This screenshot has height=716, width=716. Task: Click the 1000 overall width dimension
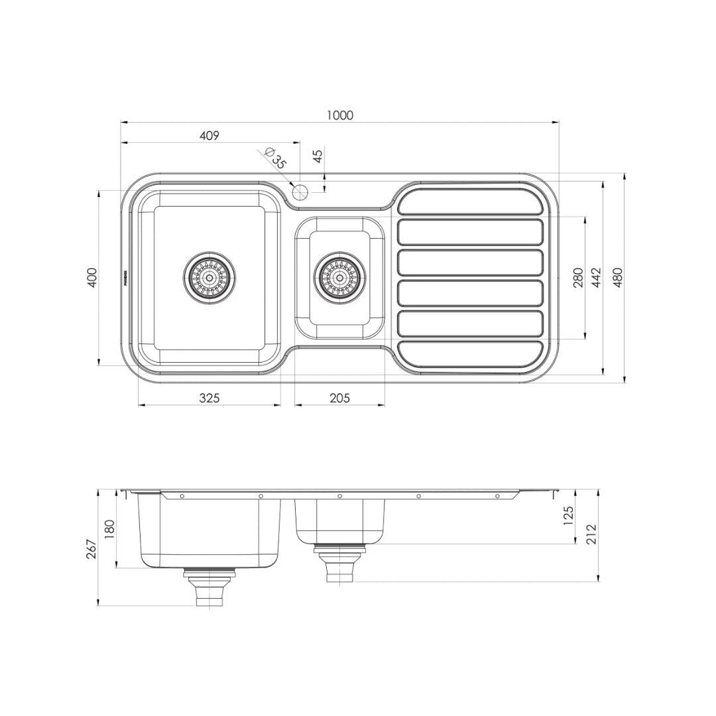(x=339, y=115)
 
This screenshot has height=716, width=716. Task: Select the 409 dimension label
(x=209, y=136)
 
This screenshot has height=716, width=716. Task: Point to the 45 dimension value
(x=318, y=156)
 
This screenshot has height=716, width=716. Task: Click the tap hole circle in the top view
(x=299, y=192)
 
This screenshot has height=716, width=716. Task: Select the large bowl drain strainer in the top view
(x=209, y=277)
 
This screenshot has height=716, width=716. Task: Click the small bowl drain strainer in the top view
(x=339, y=277)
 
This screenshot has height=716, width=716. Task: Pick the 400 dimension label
(x=93, y=277)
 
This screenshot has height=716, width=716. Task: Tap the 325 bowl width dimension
(x=209, y=398)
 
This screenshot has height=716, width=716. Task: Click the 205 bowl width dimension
(x=339, y=398)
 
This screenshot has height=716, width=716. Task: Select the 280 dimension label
(x=577, y=277)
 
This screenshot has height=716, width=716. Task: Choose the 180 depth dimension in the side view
(x=109, y=529)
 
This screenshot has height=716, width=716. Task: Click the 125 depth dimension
(x=567, y=516)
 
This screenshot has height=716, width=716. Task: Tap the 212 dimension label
(x=591, y=534)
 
